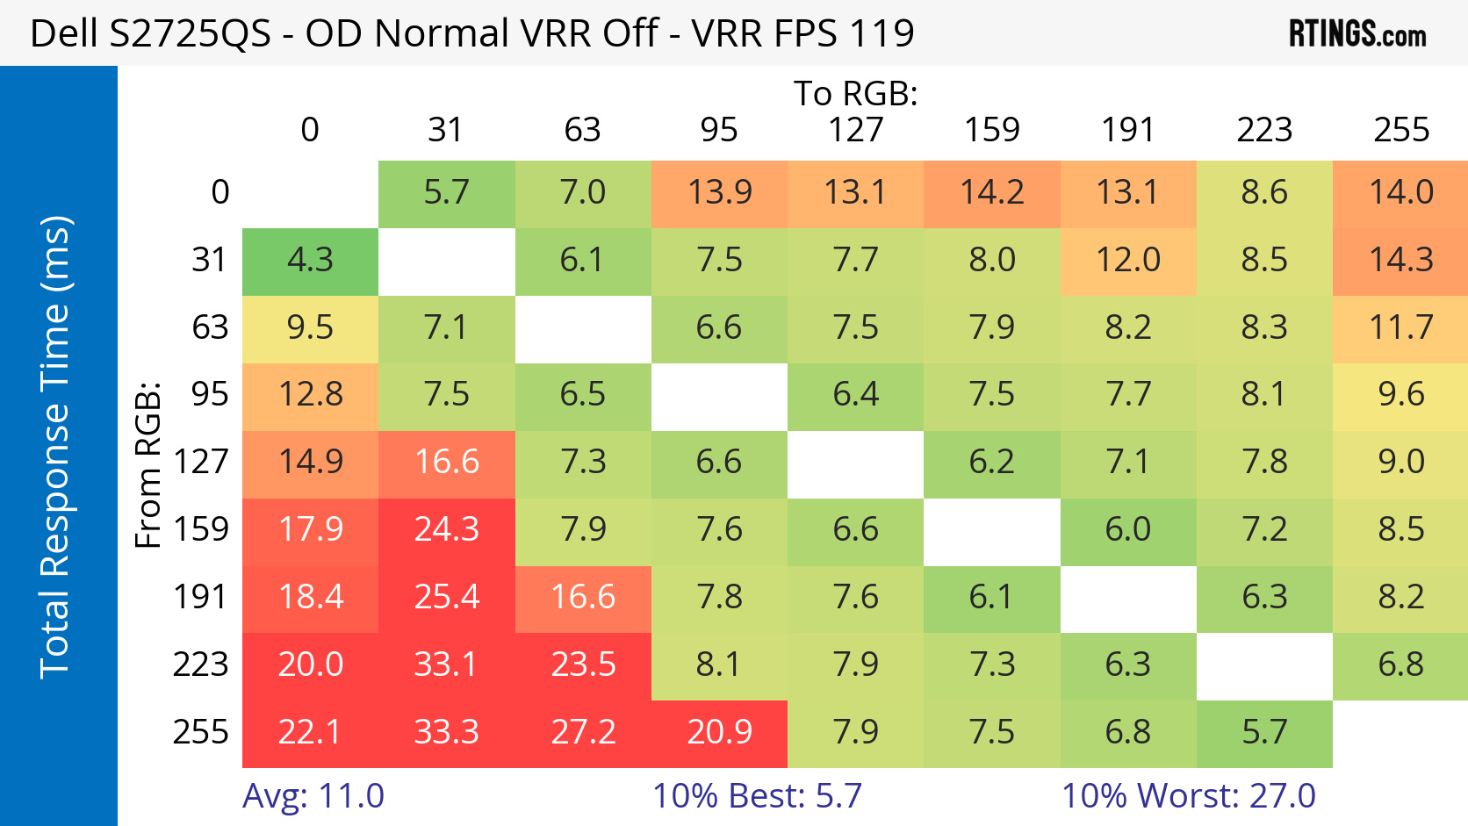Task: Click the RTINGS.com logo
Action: point(1356,33)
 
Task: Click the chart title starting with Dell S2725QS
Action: point(471,33)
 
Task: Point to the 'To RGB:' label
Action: point(855,93)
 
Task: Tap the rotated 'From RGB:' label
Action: point(148,464)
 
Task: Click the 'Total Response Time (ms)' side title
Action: point(54,446)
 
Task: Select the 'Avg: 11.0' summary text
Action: point(313,796)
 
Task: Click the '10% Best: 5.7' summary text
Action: point(756,796)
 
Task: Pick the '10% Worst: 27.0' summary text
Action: point(1188,796)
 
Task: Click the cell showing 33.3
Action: point(446,732)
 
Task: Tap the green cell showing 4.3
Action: point(310,261)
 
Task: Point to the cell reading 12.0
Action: point(1127,261)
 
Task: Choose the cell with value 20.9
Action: point(719,732)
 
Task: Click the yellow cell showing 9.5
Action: point(310,328)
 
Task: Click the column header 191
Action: point(1127,130)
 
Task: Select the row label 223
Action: point(200,664)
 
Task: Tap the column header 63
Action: point(582,130)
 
